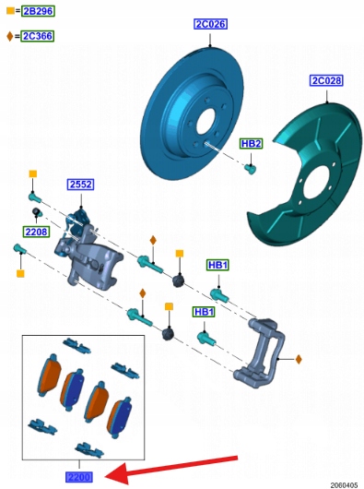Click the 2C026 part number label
(x=210, y=24)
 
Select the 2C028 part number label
(x=326, y=80)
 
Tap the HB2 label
(x=252, y=143)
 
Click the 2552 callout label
(x=81, y=185)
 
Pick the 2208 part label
(x=37, y=232)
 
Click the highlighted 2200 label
(x=79, y=477)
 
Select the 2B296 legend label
(x=38, y=11)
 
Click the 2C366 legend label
(x=38, y=36)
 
